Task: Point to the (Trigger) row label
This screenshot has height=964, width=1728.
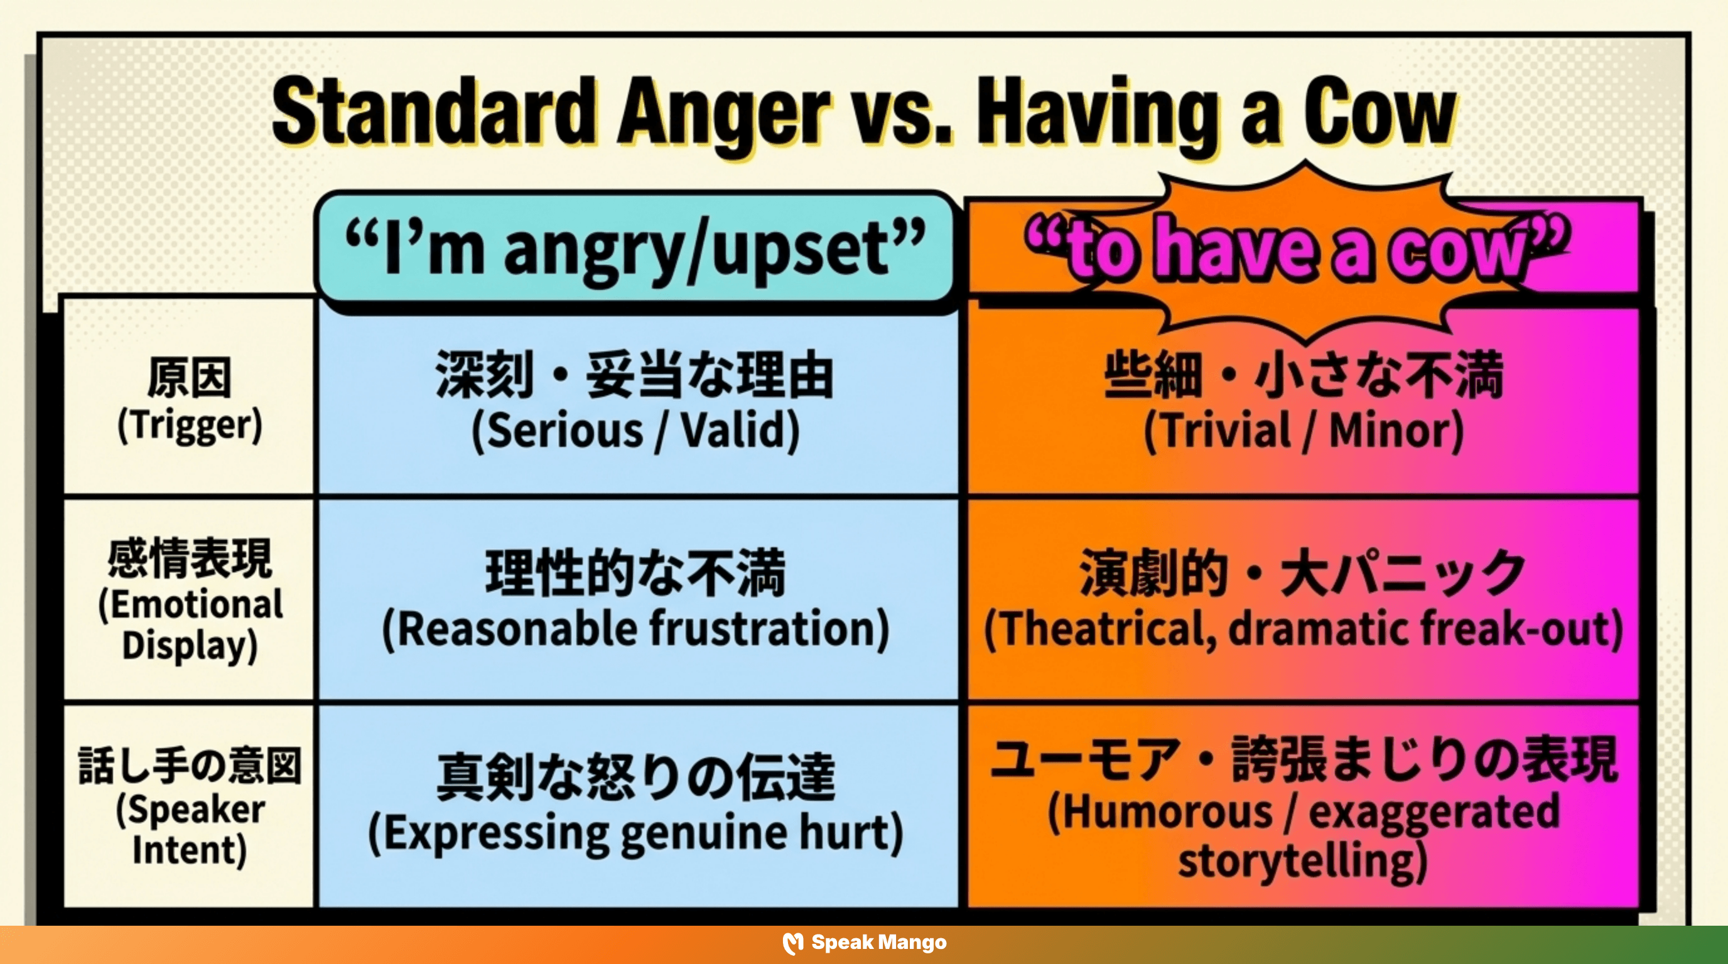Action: click(190, 425)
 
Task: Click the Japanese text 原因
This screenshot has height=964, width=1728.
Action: click(190, 378)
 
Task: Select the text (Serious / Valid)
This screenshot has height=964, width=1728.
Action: click(635, 431)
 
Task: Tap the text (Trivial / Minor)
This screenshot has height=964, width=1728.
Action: click(1304, 431)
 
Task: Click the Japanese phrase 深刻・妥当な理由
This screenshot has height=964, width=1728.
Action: click(635, 375)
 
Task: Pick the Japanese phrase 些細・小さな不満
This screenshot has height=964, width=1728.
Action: click(1304, 375)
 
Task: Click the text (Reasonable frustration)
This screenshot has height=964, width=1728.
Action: click(635, 629)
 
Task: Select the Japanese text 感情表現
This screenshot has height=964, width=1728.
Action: click(190, 558)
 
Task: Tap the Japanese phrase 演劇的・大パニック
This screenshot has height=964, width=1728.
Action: click(1304, 573)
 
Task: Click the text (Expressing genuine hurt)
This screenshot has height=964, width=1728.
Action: click(635, 833)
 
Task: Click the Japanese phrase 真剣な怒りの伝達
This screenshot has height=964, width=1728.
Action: click(635, 777)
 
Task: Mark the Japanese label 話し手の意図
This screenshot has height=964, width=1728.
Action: click(190, 765)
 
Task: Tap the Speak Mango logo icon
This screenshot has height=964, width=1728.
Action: click(793, 943)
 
